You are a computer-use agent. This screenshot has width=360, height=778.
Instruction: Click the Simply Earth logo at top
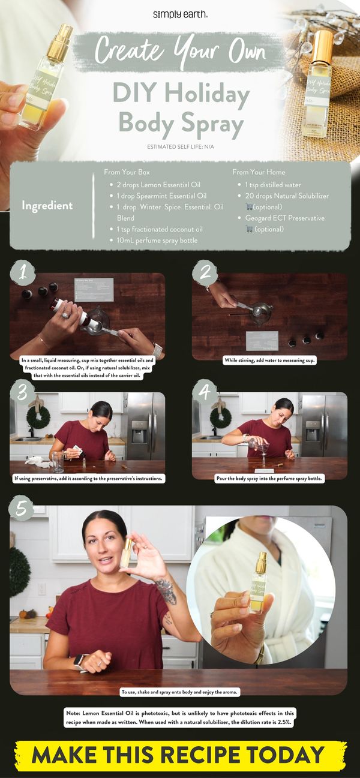(181, 14)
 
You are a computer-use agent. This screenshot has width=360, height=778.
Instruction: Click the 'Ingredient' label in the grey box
(47, 205)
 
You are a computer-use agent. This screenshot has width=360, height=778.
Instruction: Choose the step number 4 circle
(205, 392)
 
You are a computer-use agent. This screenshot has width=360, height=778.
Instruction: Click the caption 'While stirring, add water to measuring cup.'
(269, 361)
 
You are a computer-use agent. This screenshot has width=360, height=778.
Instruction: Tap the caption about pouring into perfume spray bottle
(269, 479)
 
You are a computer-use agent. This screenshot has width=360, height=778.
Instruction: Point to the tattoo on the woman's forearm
(166, 591)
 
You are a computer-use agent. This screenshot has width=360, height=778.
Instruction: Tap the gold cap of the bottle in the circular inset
(261, 562)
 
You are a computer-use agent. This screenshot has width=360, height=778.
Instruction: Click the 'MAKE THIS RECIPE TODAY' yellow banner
(180, 755)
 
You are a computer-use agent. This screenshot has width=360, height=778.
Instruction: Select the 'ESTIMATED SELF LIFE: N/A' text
(181, 147)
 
